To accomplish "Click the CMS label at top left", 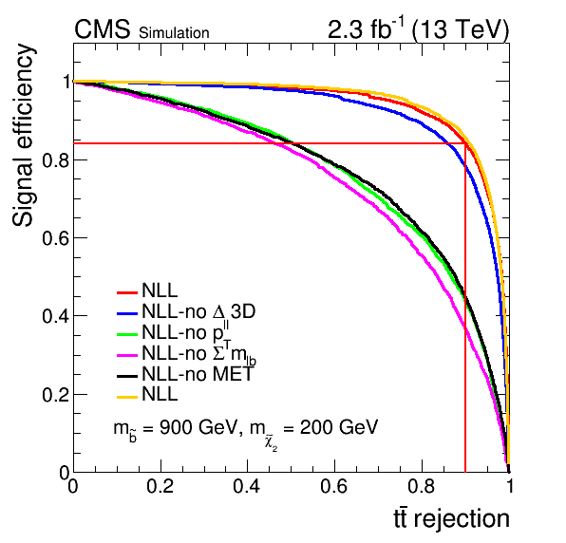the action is coord(103,29).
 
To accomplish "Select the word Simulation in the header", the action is coord(174,33).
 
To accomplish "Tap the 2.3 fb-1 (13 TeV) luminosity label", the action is coord(418,28).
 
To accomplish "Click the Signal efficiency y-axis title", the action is coord(23,136).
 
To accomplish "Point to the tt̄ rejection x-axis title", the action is coord(451,519).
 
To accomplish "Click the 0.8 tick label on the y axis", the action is coord(55,159).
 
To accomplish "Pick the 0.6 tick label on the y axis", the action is coord(55,238).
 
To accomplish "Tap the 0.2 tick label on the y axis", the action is coord(55,395).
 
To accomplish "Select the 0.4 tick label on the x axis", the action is coord(247,486).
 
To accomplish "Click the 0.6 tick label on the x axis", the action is coord(334,486).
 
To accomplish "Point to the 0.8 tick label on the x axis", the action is coord(422,486).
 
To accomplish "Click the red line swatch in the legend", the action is coord(127,292).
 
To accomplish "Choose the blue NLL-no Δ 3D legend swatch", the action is coord(127,313).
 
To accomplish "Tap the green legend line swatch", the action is coord(127,334).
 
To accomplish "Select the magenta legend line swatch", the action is coord(127,355).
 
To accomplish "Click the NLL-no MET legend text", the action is coord(198,374).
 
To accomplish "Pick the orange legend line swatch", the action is coord(127,397).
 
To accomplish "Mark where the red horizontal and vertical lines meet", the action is coord(465,143).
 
